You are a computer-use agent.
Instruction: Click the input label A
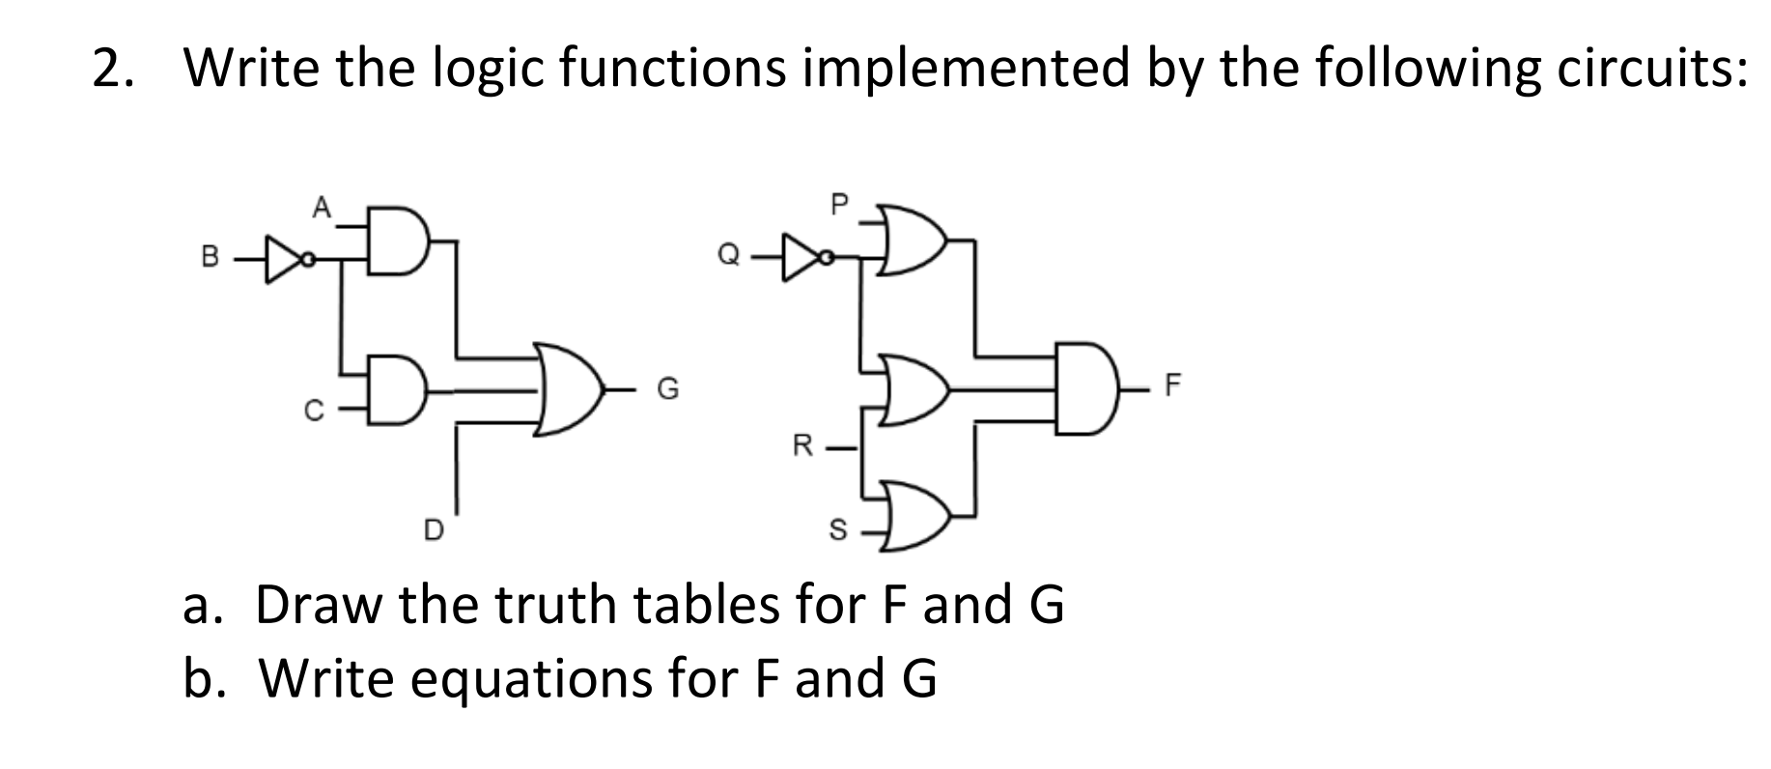pyautogui.click(x=322, y=206)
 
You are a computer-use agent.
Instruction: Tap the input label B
pyautogui.click(x=207, y=258)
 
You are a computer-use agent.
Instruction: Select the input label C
pyautogui.click(x=311, y=412)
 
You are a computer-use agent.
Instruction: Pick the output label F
pyautogui.click(x=1172, y=388)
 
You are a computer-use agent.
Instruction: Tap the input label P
pyautogui.click(x=838, y=204)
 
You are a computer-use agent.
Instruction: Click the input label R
pyautogui.click(x=801, y=446)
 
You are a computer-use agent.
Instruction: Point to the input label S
pyautogui.click(x=838, y=529)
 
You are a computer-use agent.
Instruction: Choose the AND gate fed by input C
pyautogui.click(x=395, y=392)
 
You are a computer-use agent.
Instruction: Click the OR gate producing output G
pyautogui.click(x=570, y=390)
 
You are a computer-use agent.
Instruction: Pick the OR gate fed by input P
pyautogui.click(x=914, y=239)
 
